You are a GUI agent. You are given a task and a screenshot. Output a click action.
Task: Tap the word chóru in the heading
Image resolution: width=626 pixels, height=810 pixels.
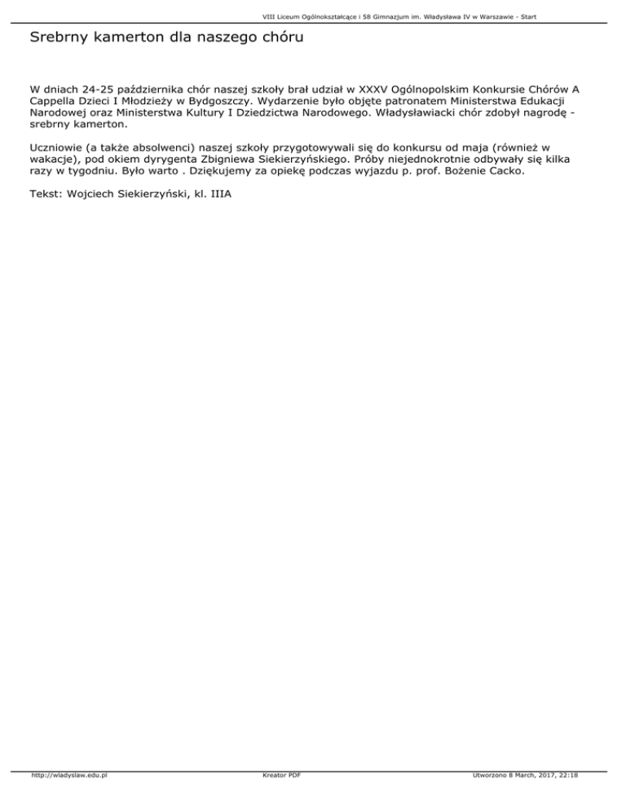pos(271,37)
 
